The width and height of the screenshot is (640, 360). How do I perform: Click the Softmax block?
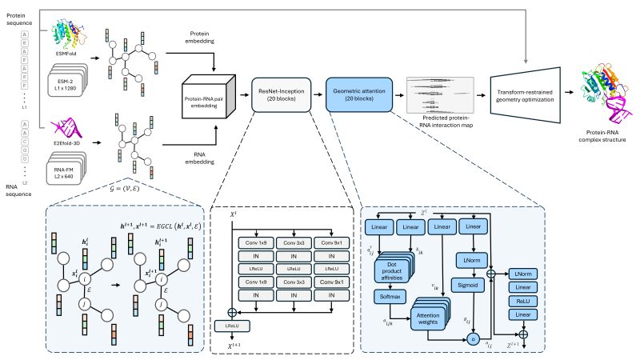click(x=389, y=296)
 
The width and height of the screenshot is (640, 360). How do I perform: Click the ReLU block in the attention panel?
click(x=525, y=302)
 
